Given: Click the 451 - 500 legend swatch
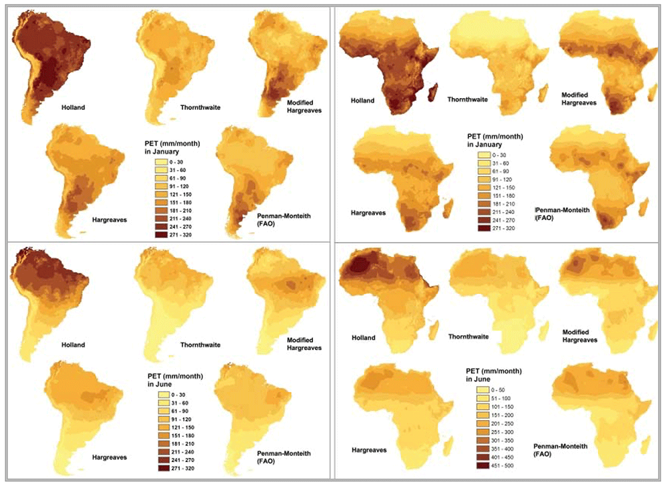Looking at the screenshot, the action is point(483,466).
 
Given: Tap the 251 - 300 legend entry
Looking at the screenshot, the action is point(496,432).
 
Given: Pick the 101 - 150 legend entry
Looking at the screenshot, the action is point(496,407).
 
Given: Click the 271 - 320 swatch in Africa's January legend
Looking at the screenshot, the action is point(484,228).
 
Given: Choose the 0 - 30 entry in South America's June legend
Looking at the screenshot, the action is point(172,395).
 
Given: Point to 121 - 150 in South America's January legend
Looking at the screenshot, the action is point(173,194).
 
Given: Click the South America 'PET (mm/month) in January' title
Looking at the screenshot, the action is point(172,147).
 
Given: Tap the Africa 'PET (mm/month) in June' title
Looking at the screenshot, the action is point(494,375).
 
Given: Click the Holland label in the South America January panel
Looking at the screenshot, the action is point(73,107).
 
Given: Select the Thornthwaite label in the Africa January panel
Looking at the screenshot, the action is point(468,99).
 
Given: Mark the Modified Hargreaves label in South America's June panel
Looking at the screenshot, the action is point(304,344).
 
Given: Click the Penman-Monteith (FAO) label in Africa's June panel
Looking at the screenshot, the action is point(561,450).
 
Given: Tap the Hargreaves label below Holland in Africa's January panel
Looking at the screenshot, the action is point(368,213).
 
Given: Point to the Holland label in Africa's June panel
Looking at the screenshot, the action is point(364,337).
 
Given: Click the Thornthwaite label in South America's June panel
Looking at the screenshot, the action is point(200,345).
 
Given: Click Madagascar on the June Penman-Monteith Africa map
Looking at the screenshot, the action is point(645,445).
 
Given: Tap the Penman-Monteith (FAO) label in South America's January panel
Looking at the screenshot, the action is point(284,220).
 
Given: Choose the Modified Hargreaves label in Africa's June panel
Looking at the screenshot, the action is point(580,336).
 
